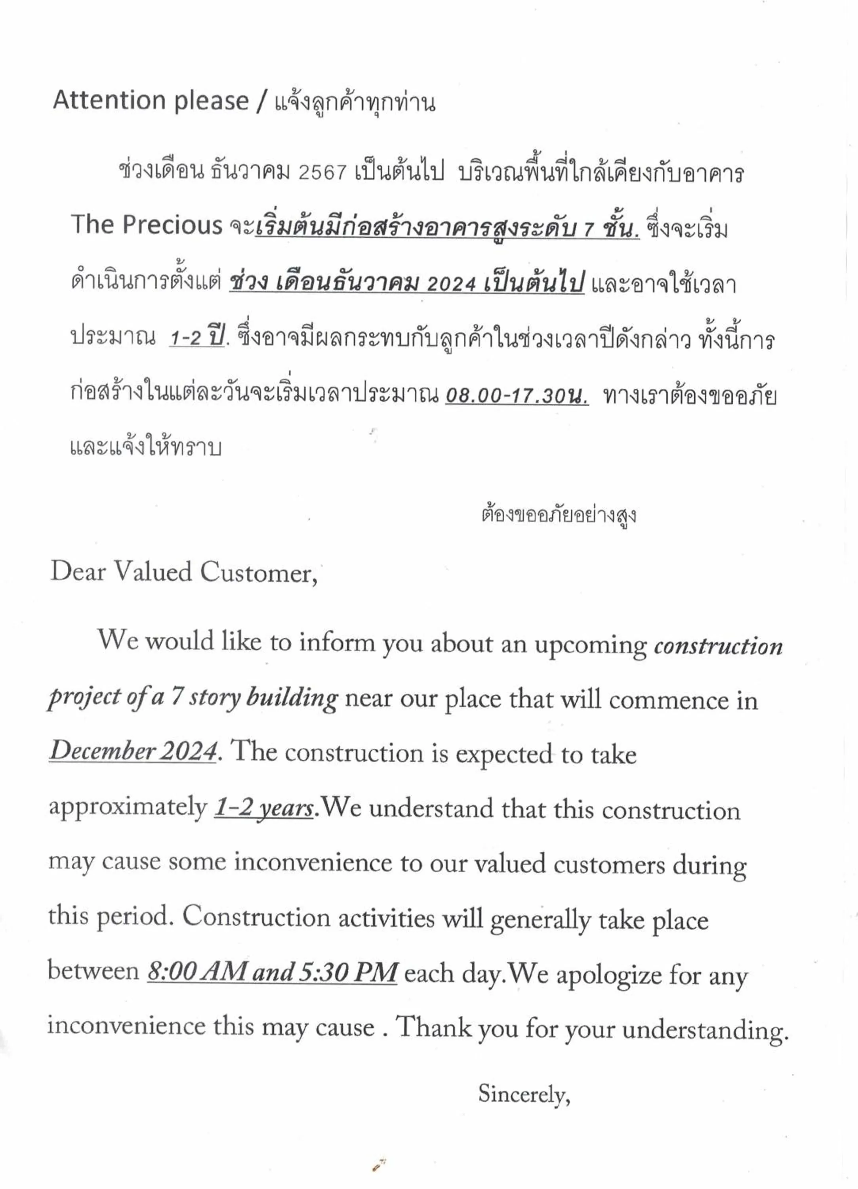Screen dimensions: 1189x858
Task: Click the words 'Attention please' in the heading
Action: tap(151, 100)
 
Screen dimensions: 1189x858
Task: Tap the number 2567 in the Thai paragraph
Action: tap(322, 172)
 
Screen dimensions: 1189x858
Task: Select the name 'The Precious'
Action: tap(147, 226)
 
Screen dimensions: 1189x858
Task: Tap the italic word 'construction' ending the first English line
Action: tap(718, 646)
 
